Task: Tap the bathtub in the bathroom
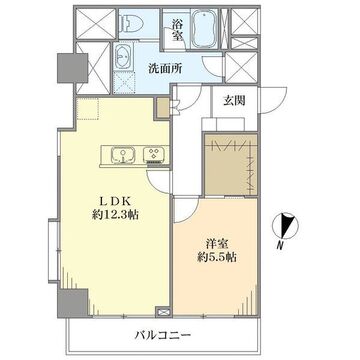click(x=205, y=28)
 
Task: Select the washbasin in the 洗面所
click(x=123, y=58)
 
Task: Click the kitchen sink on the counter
click(x=123, y=155)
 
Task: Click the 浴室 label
click(x=178, y=30)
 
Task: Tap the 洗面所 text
click(x=165, y=69)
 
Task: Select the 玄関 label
click(x=234, y=100)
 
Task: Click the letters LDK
click(x=115, y=201)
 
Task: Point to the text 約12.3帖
click(x=115, y=215)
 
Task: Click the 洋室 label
click(x=217, y=244)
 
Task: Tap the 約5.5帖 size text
click(x=216, y=257)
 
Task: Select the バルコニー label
click(x=163, y=334)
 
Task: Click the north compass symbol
click(x=285, y=225)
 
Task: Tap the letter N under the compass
click(x=281, y=246)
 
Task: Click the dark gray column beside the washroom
click(x=73, y=68)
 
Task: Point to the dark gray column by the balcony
click(x=73, y=303)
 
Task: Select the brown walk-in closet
click(x=231, y=165)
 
